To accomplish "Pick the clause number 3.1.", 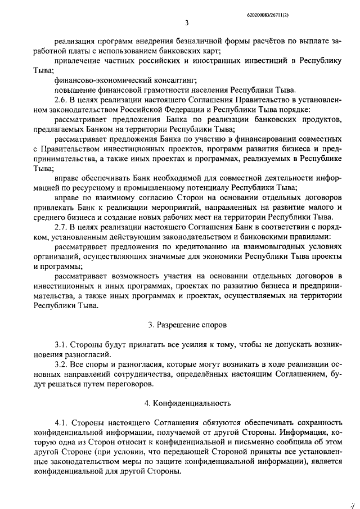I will (x=62, y=345).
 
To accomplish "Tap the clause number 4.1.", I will (x=62, y=423).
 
